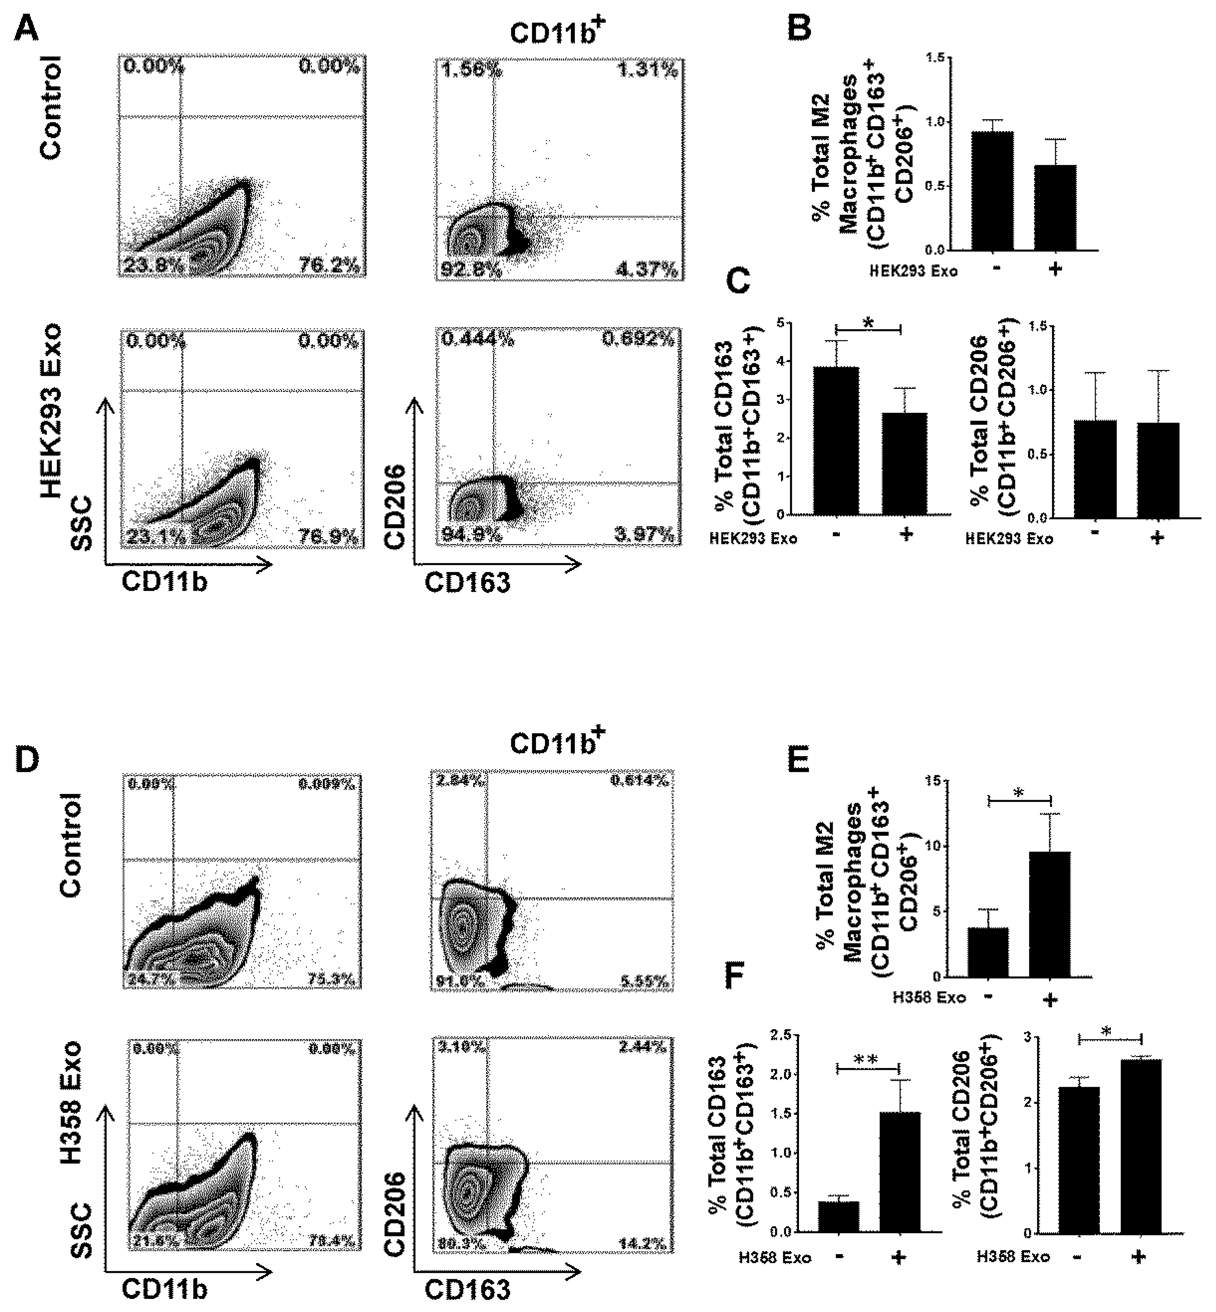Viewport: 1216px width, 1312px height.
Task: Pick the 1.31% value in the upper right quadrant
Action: point(648,70)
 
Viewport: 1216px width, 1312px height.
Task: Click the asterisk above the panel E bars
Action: point(1019,793)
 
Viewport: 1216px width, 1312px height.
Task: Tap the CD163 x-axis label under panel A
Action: point(467,583)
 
